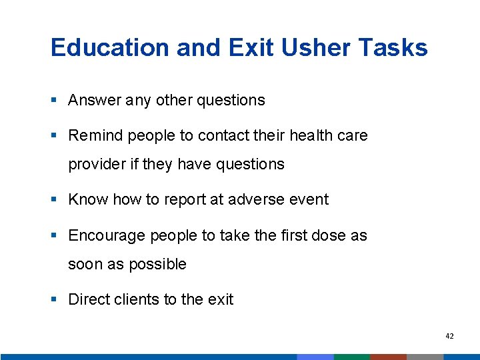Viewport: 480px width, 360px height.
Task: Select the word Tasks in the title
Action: pos(395,48)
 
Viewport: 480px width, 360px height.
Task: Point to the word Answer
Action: pos(92,101)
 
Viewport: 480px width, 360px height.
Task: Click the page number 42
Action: pos(449,337)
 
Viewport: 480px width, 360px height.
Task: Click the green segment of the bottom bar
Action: pos(351,357)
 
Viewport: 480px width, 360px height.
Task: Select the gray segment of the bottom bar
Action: pos(425,357)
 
